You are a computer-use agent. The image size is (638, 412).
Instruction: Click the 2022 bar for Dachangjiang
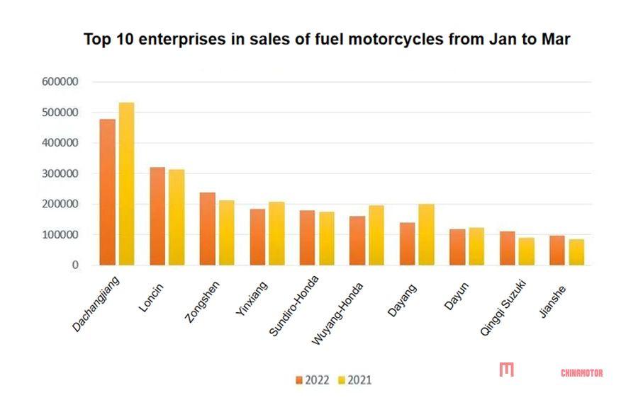(x=107, y=192)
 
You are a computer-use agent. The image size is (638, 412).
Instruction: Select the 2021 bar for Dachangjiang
(x=126, y=184)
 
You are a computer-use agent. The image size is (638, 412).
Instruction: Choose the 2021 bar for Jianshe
(x=576, y=252)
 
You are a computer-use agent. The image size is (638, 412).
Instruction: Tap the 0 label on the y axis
(x=74, y=265)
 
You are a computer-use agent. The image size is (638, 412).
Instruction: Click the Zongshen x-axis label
(x=202, y=302)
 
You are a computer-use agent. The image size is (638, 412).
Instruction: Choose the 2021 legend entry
(x=353, y=380)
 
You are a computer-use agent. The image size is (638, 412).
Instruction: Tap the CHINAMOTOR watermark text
(x=581, y=372)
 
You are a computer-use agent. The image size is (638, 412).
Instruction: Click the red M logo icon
(x=506, y=370)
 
